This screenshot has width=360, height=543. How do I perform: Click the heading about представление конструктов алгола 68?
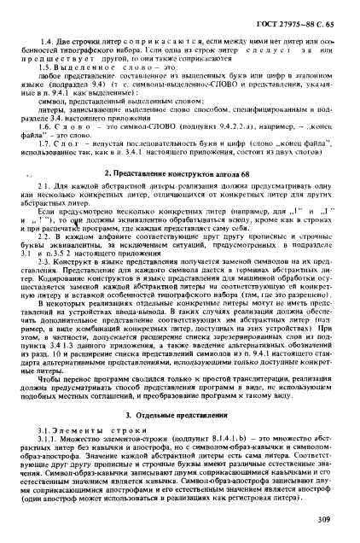point(181,149)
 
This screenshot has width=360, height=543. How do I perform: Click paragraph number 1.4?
point(51,32)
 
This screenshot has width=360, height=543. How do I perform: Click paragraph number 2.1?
point(51,164)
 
